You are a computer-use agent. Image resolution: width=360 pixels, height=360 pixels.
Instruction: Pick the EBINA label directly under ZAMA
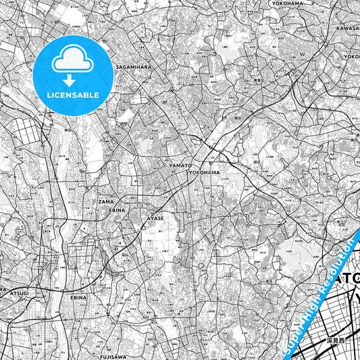tap(109, 209)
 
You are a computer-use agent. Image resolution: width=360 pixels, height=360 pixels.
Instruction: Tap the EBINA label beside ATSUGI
tap(78, 297)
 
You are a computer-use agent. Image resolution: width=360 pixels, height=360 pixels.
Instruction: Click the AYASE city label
tap(156, 219)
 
